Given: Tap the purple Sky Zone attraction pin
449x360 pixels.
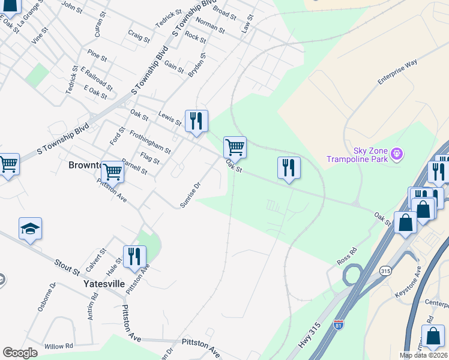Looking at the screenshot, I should coord(396,154).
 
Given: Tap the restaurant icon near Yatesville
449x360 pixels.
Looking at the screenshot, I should coord(134,256).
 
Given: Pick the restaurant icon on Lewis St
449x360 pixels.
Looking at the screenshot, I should coord(196,121).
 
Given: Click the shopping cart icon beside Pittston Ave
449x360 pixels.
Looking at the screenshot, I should coord(112,172).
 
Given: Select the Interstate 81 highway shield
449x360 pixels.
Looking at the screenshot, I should coord(339,325).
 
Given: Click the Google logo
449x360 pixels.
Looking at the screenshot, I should coord(20,353).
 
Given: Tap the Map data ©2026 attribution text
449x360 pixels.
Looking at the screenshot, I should coord(423,355).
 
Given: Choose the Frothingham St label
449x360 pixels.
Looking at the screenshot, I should coord(149,143).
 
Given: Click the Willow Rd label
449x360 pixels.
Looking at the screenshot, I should coord(58,346).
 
